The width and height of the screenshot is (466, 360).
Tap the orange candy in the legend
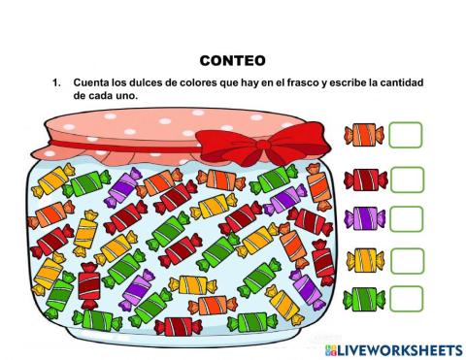pyautogui.click(x=364, y=135)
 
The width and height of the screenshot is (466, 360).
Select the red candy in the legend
pyautogui.click(x=365, y=179)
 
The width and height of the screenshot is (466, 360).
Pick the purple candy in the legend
pyautogui.click(x=365, y=218)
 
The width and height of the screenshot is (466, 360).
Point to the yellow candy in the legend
pyautogui.click(x=365, y=259)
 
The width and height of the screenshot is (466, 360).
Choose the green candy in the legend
pyautogui.click(x=365, y=298)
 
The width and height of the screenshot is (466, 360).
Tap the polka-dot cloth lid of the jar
pyautogui.click(x=126, y=131)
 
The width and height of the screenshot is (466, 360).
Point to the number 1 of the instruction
pyautogui.click(x=55, y=83)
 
